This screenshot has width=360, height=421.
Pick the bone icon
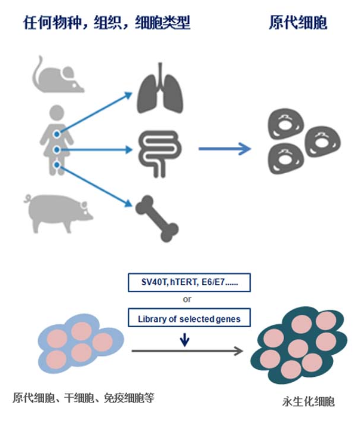[157, 216]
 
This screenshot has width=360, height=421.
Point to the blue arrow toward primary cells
[224, 147]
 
